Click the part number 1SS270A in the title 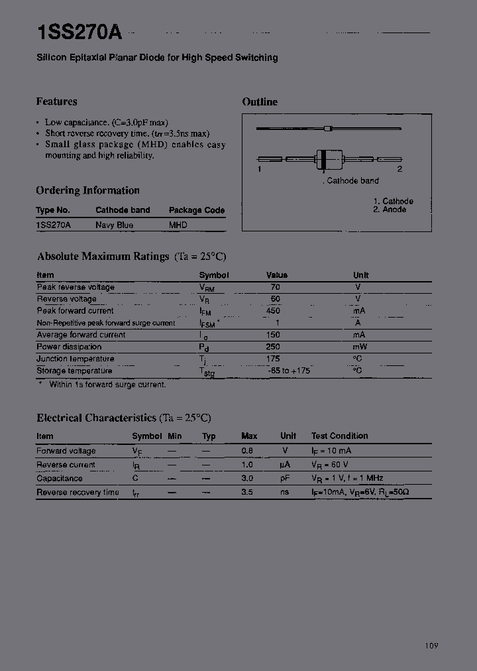[79, 32]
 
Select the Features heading [56, 101]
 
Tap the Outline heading [260, 101]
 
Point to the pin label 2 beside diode [399, 169]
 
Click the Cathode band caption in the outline [352, 180]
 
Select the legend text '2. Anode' [390, 210]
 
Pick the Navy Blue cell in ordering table [114, 225]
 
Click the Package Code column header [197, 210]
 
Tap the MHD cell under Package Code [178, 225]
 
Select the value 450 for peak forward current [273, 311]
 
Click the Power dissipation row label [69, 347]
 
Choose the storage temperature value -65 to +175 [289, 371]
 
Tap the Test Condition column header [339, 436]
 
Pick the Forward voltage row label [66, 451]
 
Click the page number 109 [431, 646]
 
